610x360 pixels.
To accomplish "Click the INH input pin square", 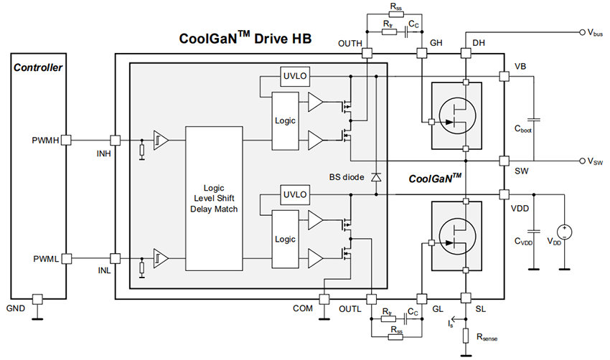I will click(x=115, y=140).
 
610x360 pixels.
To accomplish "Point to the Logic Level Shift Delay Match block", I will click(x=215, y=199).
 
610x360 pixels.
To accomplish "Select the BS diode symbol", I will click(x=375, y=176).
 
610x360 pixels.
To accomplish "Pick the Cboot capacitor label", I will click(x=524, y=130).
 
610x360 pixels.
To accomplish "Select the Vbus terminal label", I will click(x=594, y=33).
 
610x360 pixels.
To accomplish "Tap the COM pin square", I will click(x=324, y=298).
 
